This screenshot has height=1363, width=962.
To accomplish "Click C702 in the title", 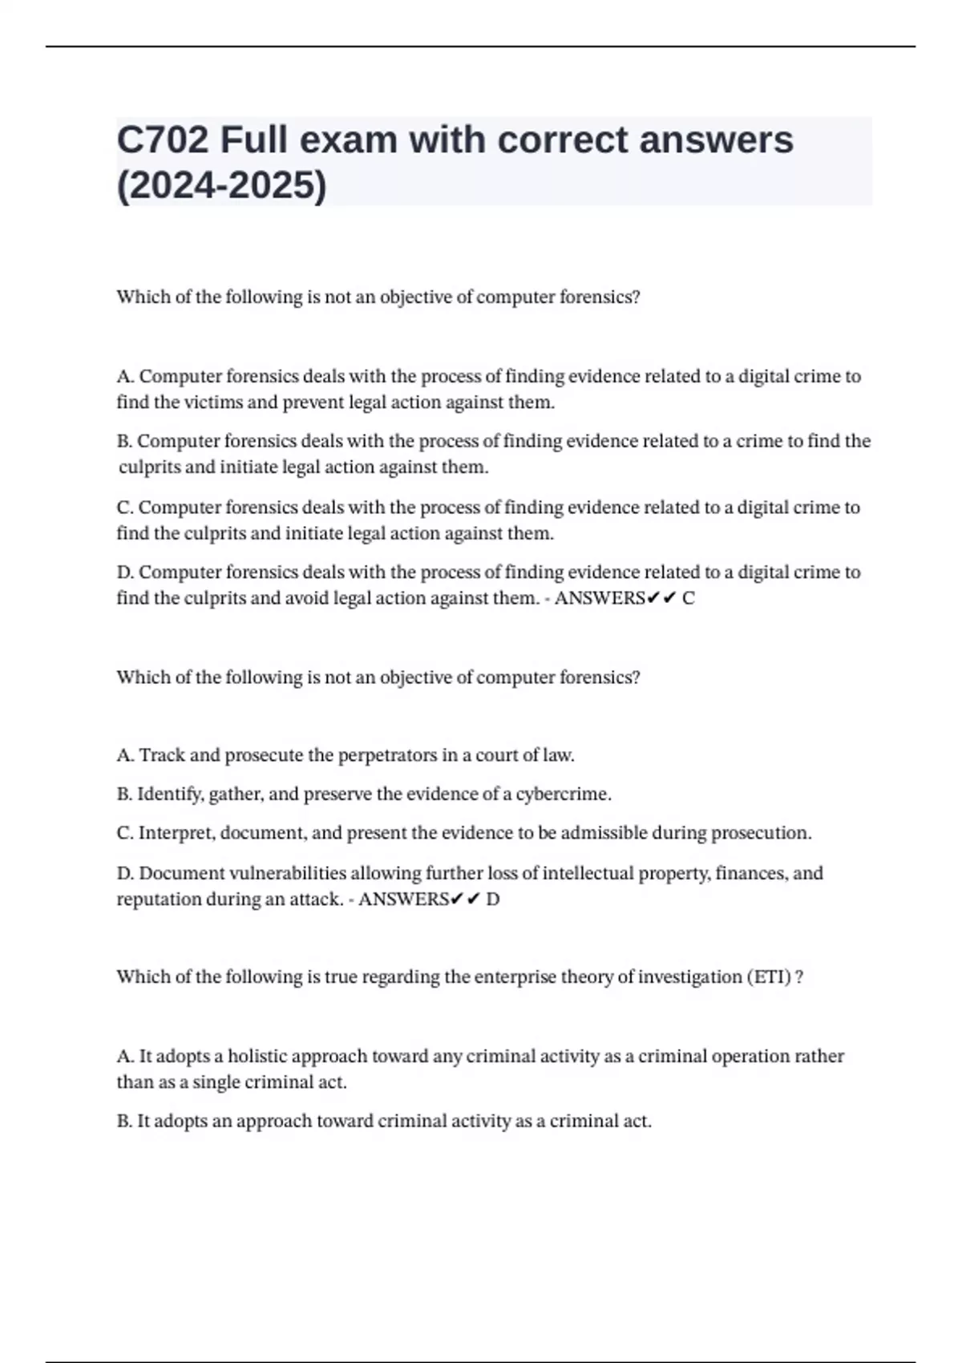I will (163, 140).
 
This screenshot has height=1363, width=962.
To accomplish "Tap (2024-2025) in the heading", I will (221, 186).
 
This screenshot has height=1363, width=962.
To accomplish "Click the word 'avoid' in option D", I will (307, 598).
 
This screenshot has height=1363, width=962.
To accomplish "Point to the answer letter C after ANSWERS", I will (688, 598).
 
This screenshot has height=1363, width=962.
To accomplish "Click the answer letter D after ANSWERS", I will (492, 900).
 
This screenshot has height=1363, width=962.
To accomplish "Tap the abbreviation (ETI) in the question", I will (769, 977).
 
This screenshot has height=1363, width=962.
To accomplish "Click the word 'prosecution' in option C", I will (761, 833).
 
